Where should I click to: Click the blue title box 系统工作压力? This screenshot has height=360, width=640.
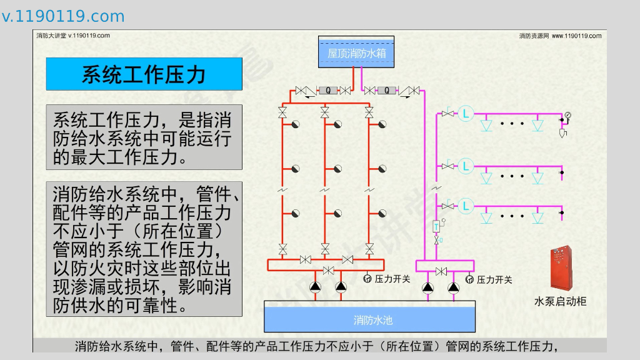pyautogui.click(x=144, y=74)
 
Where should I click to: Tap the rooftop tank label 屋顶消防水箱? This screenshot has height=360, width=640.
pyautogui.click(x=357, y=54)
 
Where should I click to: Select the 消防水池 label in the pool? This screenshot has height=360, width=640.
pyautogui.click(x=373, y=321)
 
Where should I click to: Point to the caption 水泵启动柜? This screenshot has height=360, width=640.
pyautogui.click(x=560, y=301)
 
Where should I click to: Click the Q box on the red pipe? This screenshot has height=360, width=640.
pyautogui.click(x=327, y=91)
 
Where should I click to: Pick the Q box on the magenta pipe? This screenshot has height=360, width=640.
pyautogui.click(x=386, y=91)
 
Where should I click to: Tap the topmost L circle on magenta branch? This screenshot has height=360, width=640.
pyautogui.click(x=466, y=113)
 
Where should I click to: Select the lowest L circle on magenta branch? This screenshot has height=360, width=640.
pyautogui.click(x=466, y=205)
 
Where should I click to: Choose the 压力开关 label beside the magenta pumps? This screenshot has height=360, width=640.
pyautogui.click(x=494, y=280)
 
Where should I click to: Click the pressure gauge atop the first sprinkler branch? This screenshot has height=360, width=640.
pyautogui.click(x=567, y=115)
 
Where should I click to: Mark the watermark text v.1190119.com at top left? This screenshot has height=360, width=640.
pyautogui.click(x=63, y=16)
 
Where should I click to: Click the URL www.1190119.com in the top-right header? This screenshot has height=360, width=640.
pyautogui.click(x=576, y=36)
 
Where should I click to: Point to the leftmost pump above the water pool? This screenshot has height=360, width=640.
pyautogui.click(x=316, y=287)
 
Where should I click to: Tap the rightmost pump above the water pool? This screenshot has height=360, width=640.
pyautogui.click(x=454, y=287)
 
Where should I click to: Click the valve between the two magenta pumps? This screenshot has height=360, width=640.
pyautogui.click(x=441, y=271)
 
